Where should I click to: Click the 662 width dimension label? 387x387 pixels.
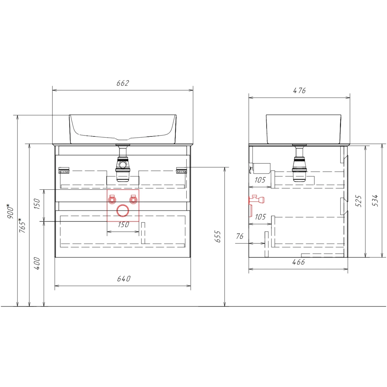tap(123, 83)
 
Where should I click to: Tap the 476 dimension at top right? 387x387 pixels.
tap(299, 91)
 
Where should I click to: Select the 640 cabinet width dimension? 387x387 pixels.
tap(124, 279)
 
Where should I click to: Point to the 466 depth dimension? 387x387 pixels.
tap(298, 262)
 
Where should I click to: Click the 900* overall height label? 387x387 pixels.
tap(10, 211)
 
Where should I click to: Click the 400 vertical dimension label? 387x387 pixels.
tap(37, 263)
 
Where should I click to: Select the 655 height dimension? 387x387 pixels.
tap(218, 237)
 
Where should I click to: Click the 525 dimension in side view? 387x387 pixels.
tap(359, 201)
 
